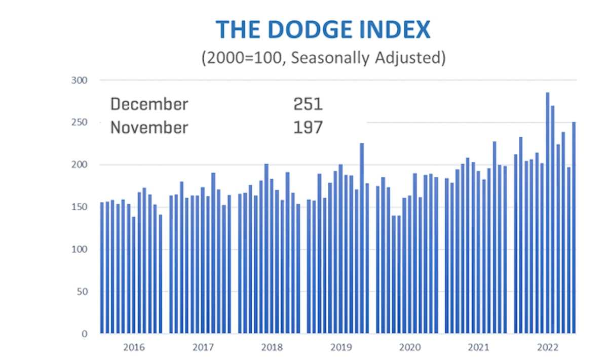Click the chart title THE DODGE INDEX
pos(323,30)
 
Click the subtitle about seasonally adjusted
pos(323,58)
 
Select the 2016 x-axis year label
pos(134,348)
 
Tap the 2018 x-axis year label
pos(272,348)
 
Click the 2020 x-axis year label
pos(410,348)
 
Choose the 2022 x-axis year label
pos(548,348)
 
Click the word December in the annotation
pos(149,104)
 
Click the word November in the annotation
pos(149,127)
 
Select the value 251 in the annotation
pos(308,104)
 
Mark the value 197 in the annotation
pos(308,127)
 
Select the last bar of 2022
pos(574,228)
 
